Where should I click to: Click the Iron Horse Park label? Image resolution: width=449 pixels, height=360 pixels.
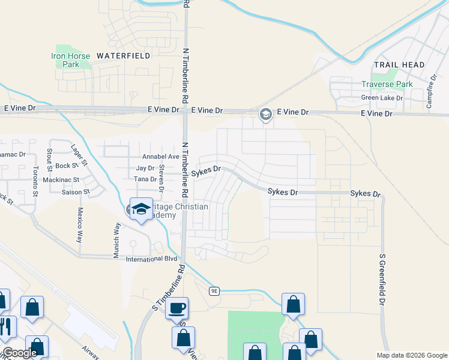pos(71,60)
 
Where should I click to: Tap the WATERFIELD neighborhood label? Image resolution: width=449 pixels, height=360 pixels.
pos(123,56)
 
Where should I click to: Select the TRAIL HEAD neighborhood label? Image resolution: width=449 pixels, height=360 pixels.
pos(399,65)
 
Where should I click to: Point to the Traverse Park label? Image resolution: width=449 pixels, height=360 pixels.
pos(387,85)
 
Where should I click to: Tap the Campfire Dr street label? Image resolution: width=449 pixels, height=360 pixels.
pos(430,90)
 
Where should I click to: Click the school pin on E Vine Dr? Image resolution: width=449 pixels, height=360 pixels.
pos(265,113)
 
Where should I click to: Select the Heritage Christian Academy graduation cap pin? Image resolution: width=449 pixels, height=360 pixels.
pos(141,209)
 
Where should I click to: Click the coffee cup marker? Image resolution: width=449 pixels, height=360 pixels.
pos(176,308)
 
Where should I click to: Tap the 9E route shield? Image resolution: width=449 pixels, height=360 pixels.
pos(215,291)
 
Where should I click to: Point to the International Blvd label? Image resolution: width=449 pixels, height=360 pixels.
pos(152,259)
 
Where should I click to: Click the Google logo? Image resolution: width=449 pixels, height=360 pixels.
pos(20,353)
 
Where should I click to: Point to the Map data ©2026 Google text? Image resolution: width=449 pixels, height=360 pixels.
pos(411,355)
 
